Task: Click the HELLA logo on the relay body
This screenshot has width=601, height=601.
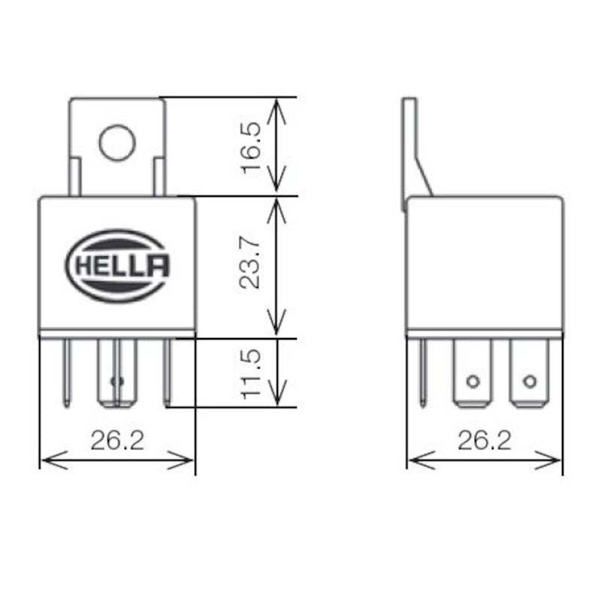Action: pos(117,267)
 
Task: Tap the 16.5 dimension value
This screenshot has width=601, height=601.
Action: pos(250,147)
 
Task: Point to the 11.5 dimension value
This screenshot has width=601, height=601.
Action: pos(250,374)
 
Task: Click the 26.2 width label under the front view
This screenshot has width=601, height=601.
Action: pos(117,441)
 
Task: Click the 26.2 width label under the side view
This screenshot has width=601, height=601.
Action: pos(485,441)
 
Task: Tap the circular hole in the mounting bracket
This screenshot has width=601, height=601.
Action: pos(117,142)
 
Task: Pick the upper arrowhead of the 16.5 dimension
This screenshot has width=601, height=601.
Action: pos(276,110)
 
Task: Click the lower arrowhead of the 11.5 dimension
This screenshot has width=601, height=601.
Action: pos(276,393)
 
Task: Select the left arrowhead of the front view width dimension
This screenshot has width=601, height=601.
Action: pos(54,460)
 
